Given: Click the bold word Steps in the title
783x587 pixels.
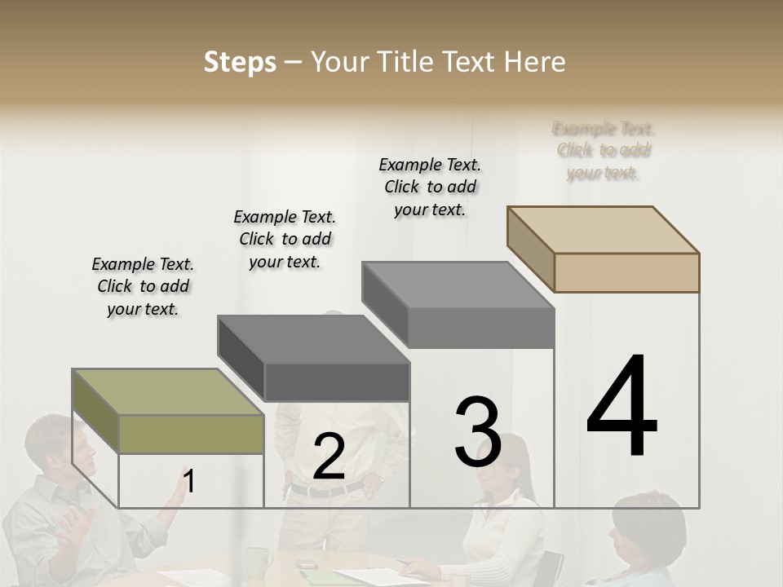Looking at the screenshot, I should tap(240, 62).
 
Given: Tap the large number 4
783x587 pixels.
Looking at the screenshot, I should tap(622, 407).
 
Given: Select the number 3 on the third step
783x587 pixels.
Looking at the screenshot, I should tap(477, 432).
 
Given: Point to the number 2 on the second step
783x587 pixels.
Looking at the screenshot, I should tap(329, 457).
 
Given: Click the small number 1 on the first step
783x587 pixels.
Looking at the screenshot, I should tap(189, 482).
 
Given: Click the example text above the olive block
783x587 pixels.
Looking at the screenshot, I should tap(143, 286).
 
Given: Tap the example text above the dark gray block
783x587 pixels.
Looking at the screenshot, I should tap(285, 239).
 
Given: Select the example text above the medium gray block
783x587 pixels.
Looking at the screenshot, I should tap(430, 187).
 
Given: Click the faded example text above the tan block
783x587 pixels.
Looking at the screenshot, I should tap(604, 151).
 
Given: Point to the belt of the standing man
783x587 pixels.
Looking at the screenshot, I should tap(326, 489).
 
